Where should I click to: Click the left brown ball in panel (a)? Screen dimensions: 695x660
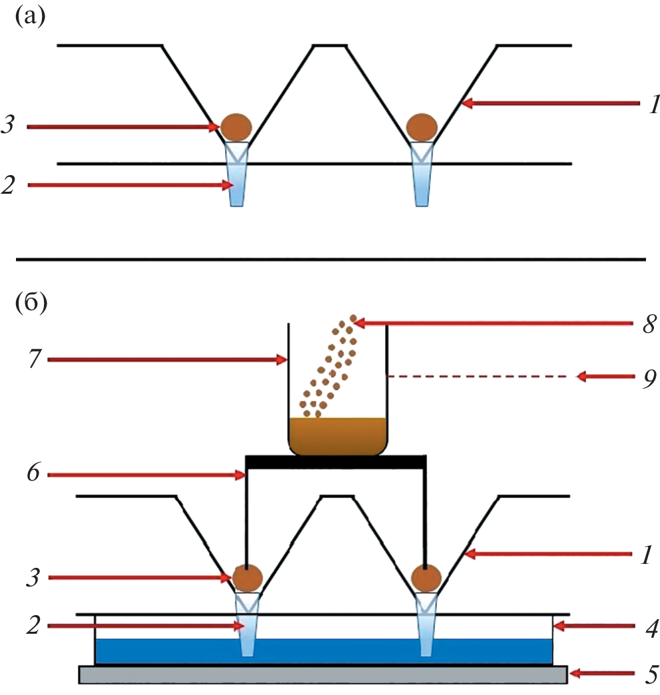237,125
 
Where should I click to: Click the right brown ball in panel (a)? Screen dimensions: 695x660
421,125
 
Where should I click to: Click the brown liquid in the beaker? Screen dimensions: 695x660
338,436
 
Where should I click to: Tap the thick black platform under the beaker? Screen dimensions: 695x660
336,461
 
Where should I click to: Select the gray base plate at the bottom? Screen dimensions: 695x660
323,674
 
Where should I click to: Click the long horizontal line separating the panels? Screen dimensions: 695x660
330,258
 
